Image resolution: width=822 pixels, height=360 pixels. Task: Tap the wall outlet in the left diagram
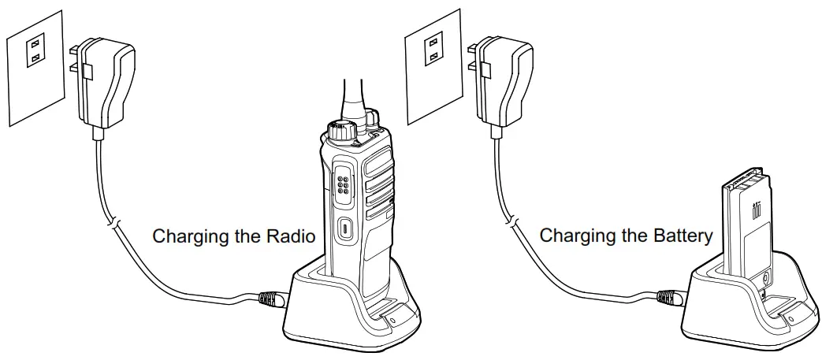coord(35,53)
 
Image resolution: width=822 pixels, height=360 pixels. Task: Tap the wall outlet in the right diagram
coord(433,53)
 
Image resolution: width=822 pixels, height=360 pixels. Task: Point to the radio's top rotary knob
coord(338,132)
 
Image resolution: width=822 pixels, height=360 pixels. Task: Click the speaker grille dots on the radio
coord(344,184)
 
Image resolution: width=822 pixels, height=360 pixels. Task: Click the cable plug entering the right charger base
coord(668,299)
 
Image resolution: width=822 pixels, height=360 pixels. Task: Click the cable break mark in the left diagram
coord(114,225)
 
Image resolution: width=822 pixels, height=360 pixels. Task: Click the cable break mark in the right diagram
coord(513,225)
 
